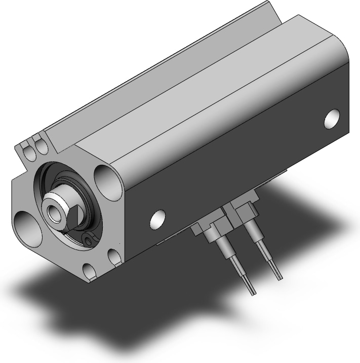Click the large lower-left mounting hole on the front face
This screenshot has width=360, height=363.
pyautogui.click(x=24, y=223)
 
